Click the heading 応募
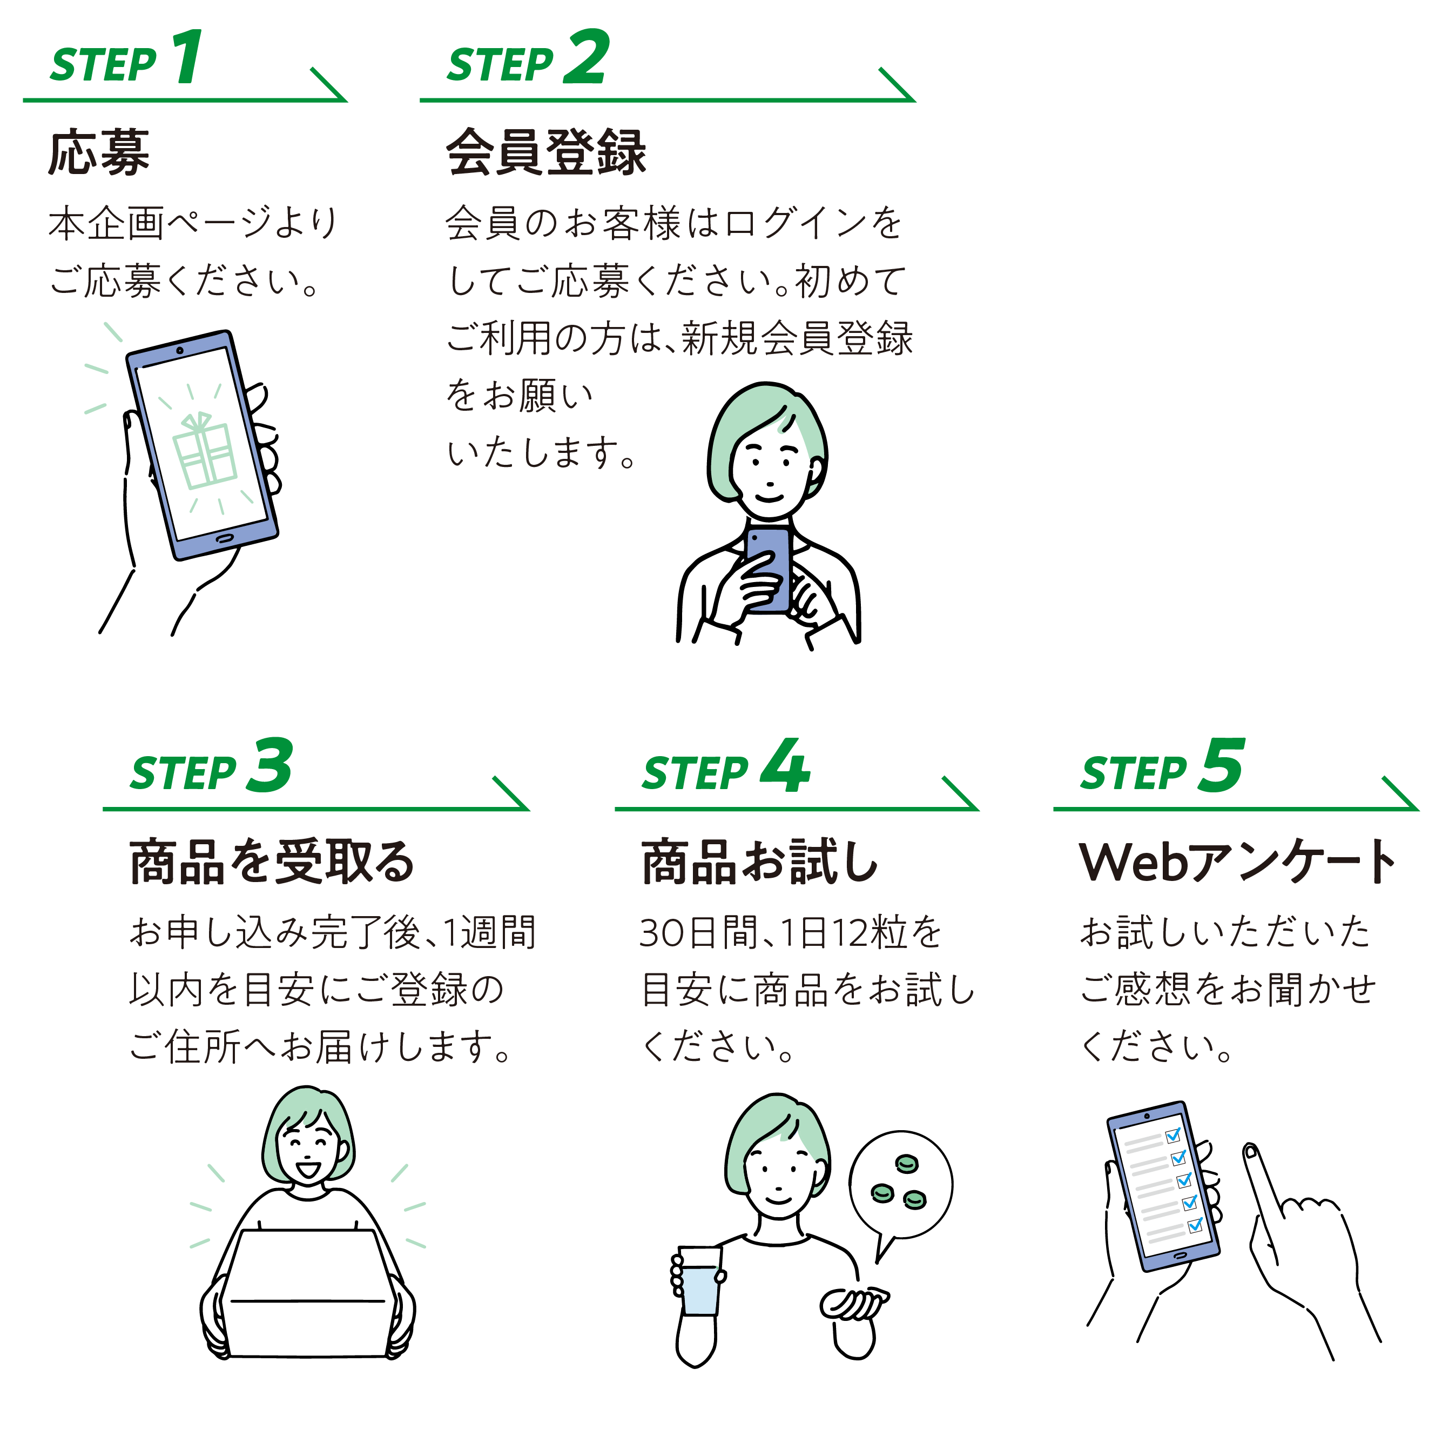coord(99,152)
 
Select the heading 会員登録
coord(545,152)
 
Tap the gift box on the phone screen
coord(204,451)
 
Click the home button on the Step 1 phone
coord(223,538)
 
